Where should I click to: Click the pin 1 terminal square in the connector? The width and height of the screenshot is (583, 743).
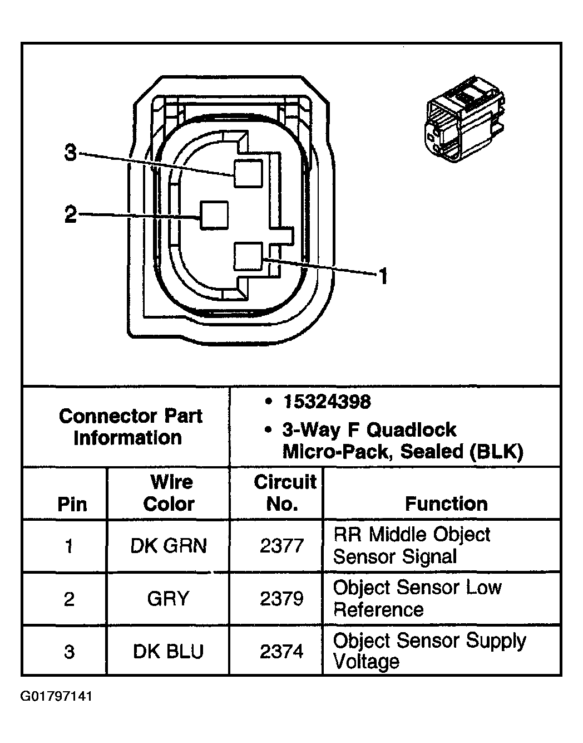pos(248,256)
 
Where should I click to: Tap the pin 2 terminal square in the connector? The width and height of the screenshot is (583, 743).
pos(214,215)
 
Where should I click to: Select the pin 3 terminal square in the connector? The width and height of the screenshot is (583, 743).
pos(248,173)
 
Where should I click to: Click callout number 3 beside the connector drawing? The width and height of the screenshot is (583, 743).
pos(70,152)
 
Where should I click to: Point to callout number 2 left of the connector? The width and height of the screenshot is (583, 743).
pos(70,214)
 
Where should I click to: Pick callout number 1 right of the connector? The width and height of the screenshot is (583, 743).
pos(383,275)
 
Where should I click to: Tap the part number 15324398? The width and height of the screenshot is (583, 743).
pos(327,402)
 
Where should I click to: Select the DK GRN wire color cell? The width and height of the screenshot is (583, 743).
pos(168,546)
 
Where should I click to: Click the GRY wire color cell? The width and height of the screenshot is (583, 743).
pos(168,599)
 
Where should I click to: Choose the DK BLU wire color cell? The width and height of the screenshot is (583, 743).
pos(168,651)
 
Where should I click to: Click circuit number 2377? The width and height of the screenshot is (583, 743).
pos(281,546)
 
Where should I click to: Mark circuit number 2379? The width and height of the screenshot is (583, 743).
pos(281,599)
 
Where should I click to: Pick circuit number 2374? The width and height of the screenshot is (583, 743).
pos(281,651)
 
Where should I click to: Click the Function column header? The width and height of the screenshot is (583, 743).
pos(446,504)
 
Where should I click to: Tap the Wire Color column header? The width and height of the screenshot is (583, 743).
pos(169,493)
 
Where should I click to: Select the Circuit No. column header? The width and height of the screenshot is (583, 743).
pos(284,493)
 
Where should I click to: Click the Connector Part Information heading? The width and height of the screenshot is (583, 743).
pos(130,427)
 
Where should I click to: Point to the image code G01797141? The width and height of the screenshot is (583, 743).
pos(56,697)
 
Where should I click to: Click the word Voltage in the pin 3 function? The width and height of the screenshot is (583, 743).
pos(366,662)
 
